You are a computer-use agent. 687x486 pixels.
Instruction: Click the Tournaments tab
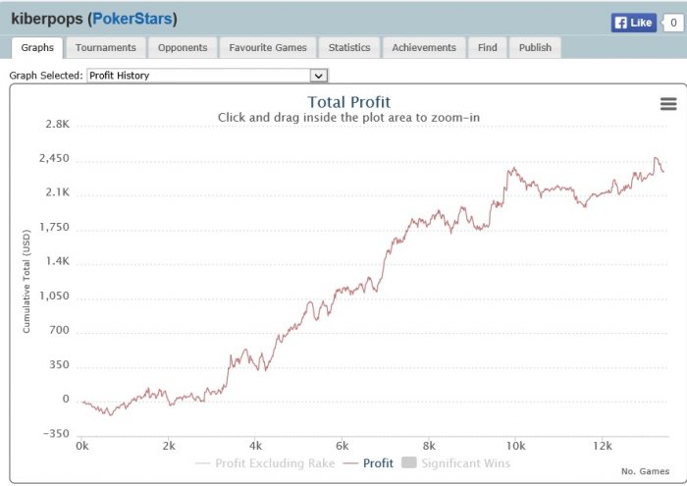coord(106,47)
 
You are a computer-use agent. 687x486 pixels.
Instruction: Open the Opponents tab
coord(183,47)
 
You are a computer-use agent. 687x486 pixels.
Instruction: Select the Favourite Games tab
coord(268,47)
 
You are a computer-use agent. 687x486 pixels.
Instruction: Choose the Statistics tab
coord(349,47)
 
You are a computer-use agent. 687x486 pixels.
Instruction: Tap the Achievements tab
coord(424,47)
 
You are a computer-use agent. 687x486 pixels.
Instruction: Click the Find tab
coord(488,47)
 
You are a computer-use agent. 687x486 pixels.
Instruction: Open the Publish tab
coord(535,47)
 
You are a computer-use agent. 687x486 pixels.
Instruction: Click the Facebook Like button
coord(633,23)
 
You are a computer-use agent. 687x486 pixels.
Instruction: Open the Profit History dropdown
coord(207,75)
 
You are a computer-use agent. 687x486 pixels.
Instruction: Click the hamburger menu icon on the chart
coord(668,104)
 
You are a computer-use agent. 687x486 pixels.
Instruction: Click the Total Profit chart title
coord(349,102)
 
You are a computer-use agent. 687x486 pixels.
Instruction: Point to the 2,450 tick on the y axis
coord(53,159)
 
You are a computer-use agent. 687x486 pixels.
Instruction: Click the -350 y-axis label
coord(56,434)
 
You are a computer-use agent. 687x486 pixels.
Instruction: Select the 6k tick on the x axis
coord(343,445)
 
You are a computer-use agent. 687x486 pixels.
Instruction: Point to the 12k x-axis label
coord(603,445)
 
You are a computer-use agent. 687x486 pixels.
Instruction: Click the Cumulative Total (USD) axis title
coord(27,280)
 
